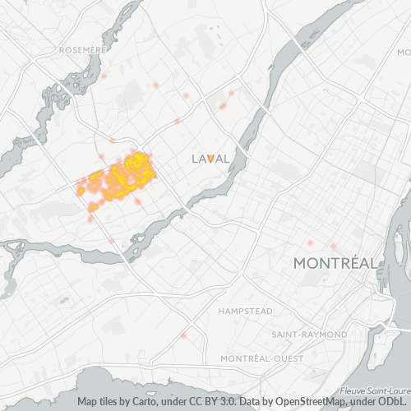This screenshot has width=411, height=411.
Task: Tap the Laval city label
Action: [x=210, y=158]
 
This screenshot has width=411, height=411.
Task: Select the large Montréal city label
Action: [x=335, y=263]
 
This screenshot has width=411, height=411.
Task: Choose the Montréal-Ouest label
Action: [x=261, y=359]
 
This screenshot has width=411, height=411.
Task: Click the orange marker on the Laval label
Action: [x=210, y=157]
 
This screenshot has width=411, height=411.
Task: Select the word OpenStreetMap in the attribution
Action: [x=285, y=402]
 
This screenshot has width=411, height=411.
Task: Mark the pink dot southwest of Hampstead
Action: [x=184, y=335]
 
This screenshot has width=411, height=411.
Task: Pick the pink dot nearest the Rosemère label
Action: [x=104, y=76]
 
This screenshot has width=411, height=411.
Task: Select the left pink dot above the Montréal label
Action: [x=310, y=242]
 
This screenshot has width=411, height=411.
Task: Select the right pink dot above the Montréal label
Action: [x=334, y=247]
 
